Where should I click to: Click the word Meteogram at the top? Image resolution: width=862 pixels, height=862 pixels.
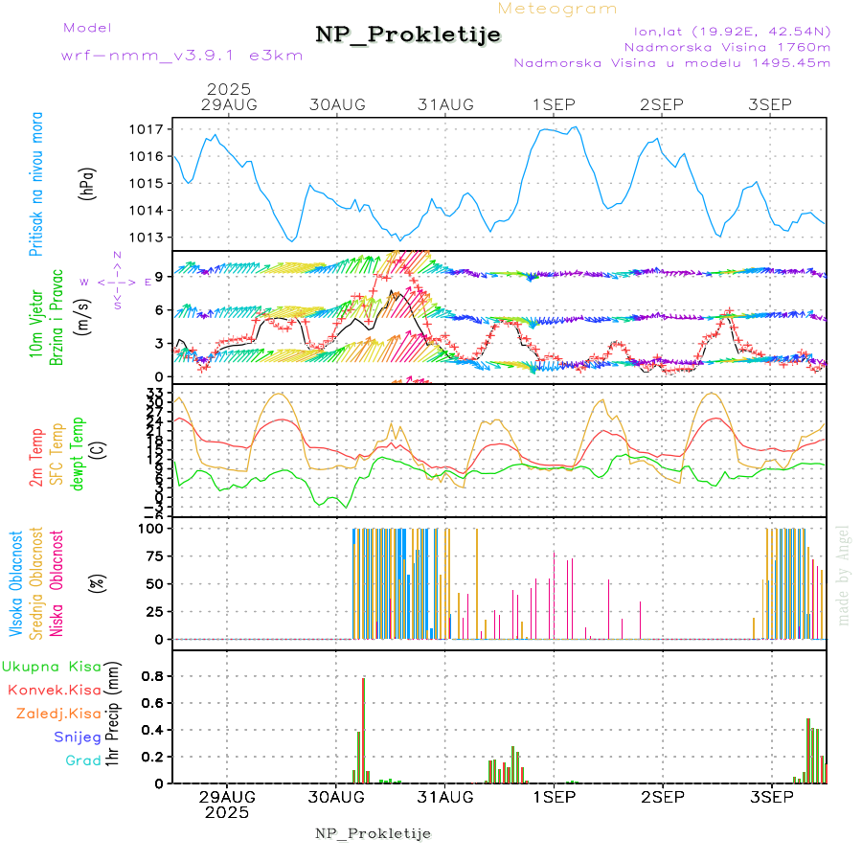point(557,9)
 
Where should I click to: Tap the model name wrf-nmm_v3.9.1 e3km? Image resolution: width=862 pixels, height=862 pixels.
point(182,56)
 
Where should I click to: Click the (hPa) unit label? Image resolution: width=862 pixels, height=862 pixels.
point(87,184)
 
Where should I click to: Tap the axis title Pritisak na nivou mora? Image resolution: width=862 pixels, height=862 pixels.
point(35,184)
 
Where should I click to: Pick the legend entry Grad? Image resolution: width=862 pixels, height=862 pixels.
point(82,760)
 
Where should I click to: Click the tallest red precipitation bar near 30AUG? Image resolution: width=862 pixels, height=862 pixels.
point(363,730)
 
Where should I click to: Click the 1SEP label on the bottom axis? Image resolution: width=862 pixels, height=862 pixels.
point(554,797)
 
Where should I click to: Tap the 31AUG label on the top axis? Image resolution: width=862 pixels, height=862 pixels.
point(446,104)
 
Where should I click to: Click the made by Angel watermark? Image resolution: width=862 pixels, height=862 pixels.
point(844,575)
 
